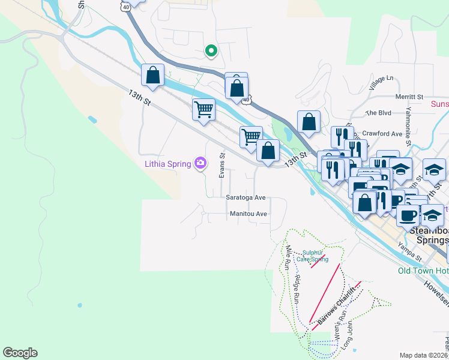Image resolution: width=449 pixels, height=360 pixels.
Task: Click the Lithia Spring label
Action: (x=166, y=163)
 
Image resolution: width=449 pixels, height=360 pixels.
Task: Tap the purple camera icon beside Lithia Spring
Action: (x=200, y=163)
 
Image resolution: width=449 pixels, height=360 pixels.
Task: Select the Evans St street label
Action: (x=221, y=164)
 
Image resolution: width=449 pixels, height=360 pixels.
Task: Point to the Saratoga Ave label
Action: (x=246, y=197)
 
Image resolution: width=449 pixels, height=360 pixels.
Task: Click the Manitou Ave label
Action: (x=248, y=214)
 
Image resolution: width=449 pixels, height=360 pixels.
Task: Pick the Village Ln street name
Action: (x=382, y=79)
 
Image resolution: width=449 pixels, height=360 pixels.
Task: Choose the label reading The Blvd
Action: (x=378, y=113)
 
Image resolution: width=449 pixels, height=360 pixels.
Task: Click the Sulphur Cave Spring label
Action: (x=315, y=256)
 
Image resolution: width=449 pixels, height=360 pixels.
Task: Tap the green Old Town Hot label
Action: (x=423, y=271)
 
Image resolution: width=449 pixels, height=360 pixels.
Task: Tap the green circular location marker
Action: (x=211, y=51)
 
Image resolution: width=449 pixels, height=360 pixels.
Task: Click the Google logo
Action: (x=20, y=353)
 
